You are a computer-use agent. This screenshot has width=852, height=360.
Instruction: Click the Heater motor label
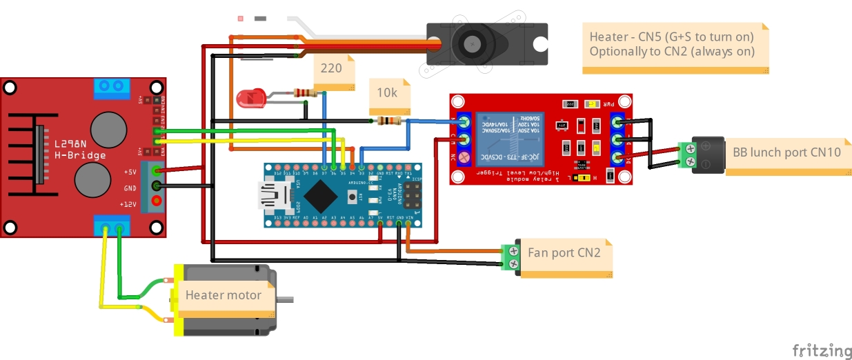tap(224, 295)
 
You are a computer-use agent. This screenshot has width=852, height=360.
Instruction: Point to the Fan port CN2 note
tap(565, 252)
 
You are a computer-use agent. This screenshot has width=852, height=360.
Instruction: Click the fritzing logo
tap(821, 350)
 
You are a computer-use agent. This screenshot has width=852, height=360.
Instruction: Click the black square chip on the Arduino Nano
tap(321, 196)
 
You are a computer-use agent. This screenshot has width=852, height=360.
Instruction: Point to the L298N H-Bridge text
tap(81, 149)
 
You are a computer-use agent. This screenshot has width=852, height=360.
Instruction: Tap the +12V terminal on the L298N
tap(157, 202)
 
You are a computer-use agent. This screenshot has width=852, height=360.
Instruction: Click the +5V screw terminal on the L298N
tap(157, 172)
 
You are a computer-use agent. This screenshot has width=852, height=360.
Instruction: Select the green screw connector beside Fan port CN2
tap(511, 257)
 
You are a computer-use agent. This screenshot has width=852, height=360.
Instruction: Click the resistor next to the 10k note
tap(389, 121)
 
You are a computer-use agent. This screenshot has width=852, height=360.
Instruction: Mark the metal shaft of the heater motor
tap(286, 299)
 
